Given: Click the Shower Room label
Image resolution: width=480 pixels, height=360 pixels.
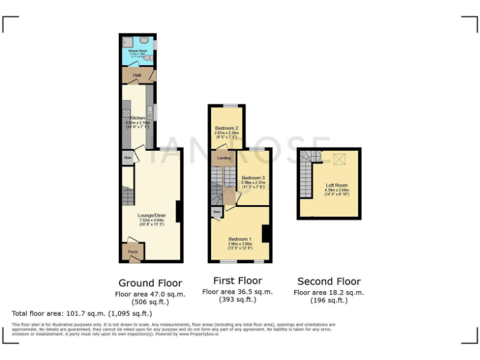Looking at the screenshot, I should pos(137,50).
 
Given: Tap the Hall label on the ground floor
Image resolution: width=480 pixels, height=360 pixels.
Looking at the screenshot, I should pos(137,76).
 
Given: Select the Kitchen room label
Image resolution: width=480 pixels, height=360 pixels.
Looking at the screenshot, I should pos(137,117).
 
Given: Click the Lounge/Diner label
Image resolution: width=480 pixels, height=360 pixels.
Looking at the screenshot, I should pos(152,215).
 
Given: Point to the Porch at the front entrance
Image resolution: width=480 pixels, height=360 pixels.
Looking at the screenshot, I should pos(132,252).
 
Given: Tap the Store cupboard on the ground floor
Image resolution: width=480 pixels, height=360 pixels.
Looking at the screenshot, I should pos(127,157).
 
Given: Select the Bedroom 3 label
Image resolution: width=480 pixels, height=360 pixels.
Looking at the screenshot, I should pos(254,177).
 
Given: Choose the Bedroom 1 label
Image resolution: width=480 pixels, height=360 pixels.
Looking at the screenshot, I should pos(240,239).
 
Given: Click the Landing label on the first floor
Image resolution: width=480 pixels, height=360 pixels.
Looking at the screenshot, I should pos(224,159).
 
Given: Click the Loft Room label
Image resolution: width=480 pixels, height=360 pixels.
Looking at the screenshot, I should pos(336,186).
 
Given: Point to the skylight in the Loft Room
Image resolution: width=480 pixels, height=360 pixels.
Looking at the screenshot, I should pos(341,159).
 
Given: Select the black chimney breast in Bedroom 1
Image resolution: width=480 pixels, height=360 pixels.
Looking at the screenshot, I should pos(266,233).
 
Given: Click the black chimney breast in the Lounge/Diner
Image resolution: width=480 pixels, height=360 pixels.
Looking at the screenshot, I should pos(179,211).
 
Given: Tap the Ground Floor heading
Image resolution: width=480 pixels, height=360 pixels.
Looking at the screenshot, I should pos(150,282).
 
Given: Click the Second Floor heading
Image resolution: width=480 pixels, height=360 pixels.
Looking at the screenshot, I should pos(329,281).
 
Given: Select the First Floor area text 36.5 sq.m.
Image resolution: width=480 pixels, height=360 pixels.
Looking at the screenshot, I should pos(237,291).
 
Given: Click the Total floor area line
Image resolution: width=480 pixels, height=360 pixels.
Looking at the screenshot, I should pos(82,313).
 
